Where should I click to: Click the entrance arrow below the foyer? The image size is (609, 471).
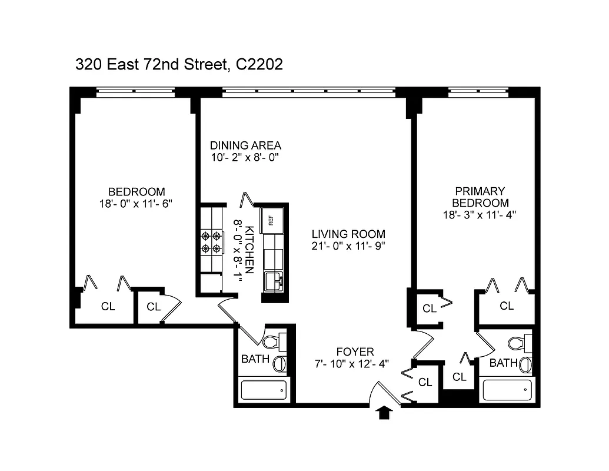coord(384,413)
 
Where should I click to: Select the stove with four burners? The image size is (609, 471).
coord(212,241)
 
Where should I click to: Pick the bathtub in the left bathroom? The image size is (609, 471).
coord(264,390)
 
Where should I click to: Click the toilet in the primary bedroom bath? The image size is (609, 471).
coord(520,342)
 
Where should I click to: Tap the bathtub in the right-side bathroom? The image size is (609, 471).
coord(507,390)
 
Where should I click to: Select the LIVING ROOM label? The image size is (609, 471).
coord(348,234)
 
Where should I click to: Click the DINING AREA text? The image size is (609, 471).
coord(245,145)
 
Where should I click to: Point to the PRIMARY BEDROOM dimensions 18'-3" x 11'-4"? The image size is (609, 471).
coord(480,215)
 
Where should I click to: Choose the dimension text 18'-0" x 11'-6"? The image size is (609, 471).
coord(136,204)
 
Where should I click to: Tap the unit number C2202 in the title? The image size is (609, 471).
coord(259,64)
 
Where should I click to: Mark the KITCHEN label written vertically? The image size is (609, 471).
coord(249,250)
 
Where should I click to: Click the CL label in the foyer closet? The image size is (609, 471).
coord(425,382)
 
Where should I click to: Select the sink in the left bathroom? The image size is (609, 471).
coord(280,363)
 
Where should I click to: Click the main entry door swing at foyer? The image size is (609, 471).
coord(385,392)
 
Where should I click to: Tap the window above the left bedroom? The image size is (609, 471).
coord(135,91)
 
